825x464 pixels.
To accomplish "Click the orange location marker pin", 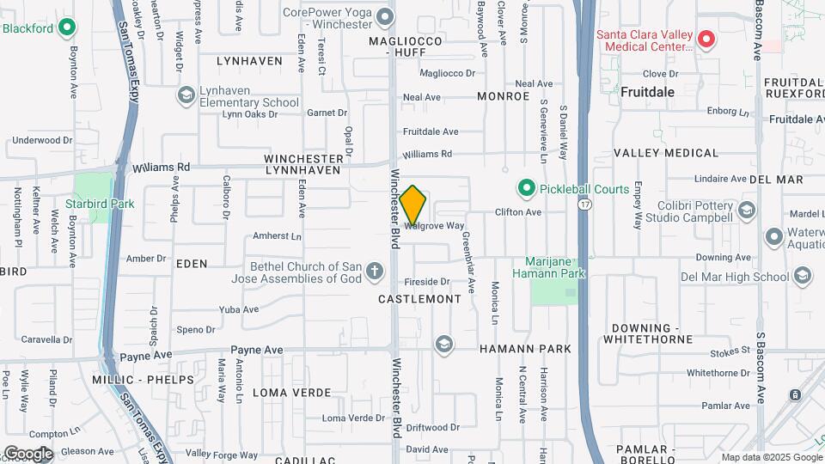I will (x=412, y=205).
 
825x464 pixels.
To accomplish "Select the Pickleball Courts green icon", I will (x=526, y=188).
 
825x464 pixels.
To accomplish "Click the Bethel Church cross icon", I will (x=374, y=272).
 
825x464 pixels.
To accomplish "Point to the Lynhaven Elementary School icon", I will (x=186, y=94).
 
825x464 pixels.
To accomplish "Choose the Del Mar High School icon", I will (x=803, y=276).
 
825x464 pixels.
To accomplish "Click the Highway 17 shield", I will (x=584, y=205).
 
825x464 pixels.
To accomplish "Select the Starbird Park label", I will (x=100, y=205).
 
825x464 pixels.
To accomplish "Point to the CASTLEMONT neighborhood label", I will (x=419, y=299).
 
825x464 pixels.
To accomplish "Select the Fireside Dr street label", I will (x=427, y=282).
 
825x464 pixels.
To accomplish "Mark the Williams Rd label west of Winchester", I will (x=160, y=167).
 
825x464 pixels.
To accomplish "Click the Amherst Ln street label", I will (x=278, y=236).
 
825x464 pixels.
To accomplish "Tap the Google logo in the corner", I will (x=27, y=453).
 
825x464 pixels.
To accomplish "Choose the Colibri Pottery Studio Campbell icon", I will (x=747, y=211).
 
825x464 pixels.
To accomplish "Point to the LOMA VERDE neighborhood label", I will (x=286, y=392).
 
